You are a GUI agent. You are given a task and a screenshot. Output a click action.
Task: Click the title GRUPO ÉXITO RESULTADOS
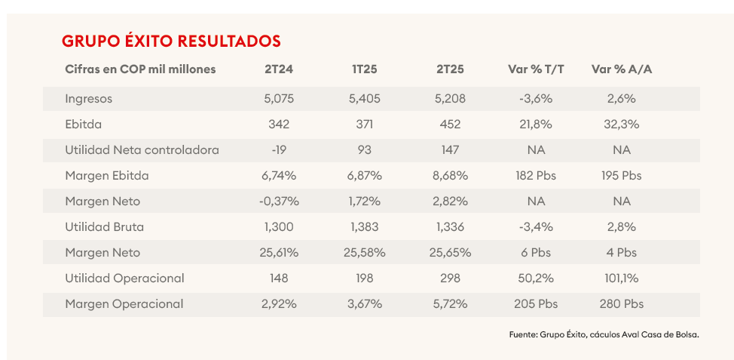(x=171, y=41)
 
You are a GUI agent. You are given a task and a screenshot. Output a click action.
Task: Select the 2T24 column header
(x=278, y=69)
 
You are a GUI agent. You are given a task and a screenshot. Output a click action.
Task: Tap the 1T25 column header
(x=364, y=69)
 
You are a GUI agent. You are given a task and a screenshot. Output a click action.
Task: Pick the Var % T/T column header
(x=536, y=69)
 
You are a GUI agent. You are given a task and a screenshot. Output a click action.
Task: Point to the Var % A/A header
(x=622, y=69)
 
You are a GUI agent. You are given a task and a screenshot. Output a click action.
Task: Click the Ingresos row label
(x=88, y=99)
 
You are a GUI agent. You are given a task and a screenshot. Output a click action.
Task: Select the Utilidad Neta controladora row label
(x=142, y=150)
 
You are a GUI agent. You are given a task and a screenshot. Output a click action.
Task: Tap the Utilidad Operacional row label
(x=124, y=278)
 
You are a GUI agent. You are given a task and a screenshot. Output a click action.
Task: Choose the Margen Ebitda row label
(x=107, y=176)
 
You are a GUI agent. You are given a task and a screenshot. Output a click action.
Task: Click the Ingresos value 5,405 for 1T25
(x=364, y=99)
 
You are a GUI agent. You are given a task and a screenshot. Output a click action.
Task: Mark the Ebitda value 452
(x=450, y=125)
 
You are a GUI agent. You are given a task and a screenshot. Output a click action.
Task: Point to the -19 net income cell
(x=278, y=150)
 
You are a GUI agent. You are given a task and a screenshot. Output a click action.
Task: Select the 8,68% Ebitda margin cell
(x=450, y=176)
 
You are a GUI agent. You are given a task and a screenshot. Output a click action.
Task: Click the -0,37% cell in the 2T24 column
(x=278, y=202)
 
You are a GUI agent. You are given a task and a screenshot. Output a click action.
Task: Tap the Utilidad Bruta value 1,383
(x=364, y=227)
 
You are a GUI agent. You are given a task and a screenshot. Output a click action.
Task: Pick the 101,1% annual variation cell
(x=622, y=278)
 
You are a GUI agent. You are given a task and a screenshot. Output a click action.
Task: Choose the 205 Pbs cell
(x=536, y=304)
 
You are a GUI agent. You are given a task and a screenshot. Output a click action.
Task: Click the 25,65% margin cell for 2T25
(x=450, y=253)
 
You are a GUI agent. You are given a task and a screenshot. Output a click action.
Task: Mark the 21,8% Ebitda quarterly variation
(x=536, y=125)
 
